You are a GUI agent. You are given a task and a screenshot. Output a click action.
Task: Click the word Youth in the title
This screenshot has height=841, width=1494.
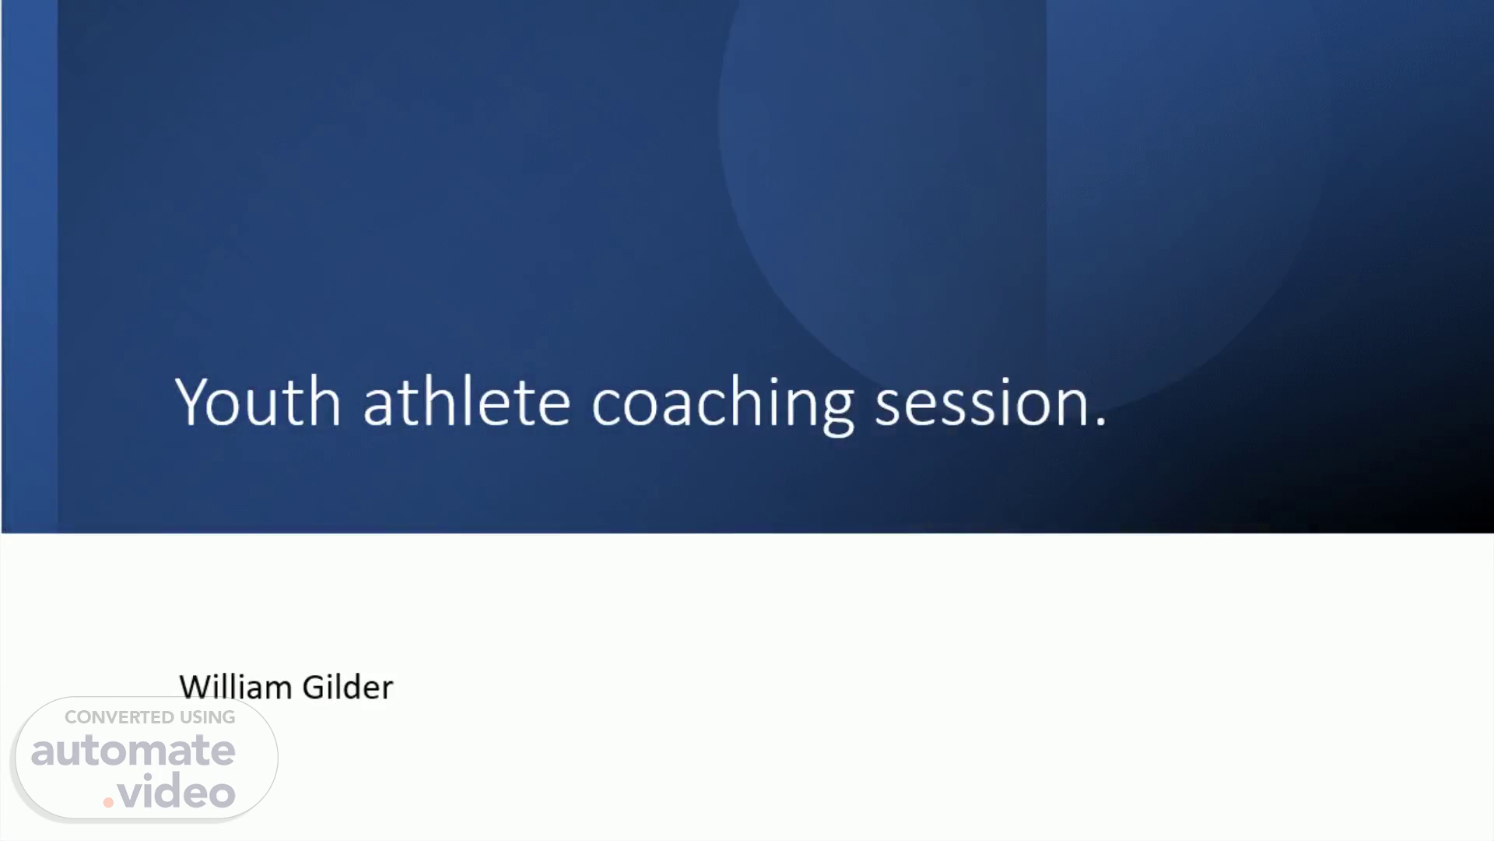[258, 401]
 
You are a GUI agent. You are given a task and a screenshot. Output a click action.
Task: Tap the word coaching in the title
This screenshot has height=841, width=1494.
[723, 404]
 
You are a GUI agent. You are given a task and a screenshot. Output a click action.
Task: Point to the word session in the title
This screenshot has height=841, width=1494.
[981, 403]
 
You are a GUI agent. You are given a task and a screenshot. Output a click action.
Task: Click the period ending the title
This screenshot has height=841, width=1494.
[1100, 421]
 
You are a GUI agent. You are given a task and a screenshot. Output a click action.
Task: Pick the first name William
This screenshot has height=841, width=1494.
[235, 687]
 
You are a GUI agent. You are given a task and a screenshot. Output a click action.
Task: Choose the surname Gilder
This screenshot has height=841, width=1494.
[347, 687]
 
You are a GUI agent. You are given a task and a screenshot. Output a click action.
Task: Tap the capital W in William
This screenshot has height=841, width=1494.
[195, 688]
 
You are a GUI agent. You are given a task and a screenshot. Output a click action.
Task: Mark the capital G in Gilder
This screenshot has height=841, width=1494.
[313, 688]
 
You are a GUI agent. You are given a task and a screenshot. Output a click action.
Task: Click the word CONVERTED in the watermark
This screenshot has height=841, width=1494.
[119, 717]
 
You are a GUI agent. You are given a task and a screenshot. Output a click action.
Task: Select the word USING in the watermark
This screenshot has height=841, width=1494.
[208, 717]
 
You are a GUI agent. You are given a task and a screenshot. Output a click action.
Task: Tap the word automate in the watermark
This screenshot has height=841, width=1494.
[133, 750]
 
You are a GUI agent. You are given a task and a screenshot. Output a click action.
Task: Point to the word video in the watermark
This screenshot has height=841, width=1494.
[177, 791]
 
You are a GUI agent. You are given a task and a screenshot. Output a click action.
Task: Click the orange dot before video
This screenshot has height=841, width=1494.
[109, 802]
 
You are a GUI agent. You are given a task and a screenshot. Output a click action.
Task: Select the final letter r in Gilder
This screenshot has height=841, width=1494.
[386, 691]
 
